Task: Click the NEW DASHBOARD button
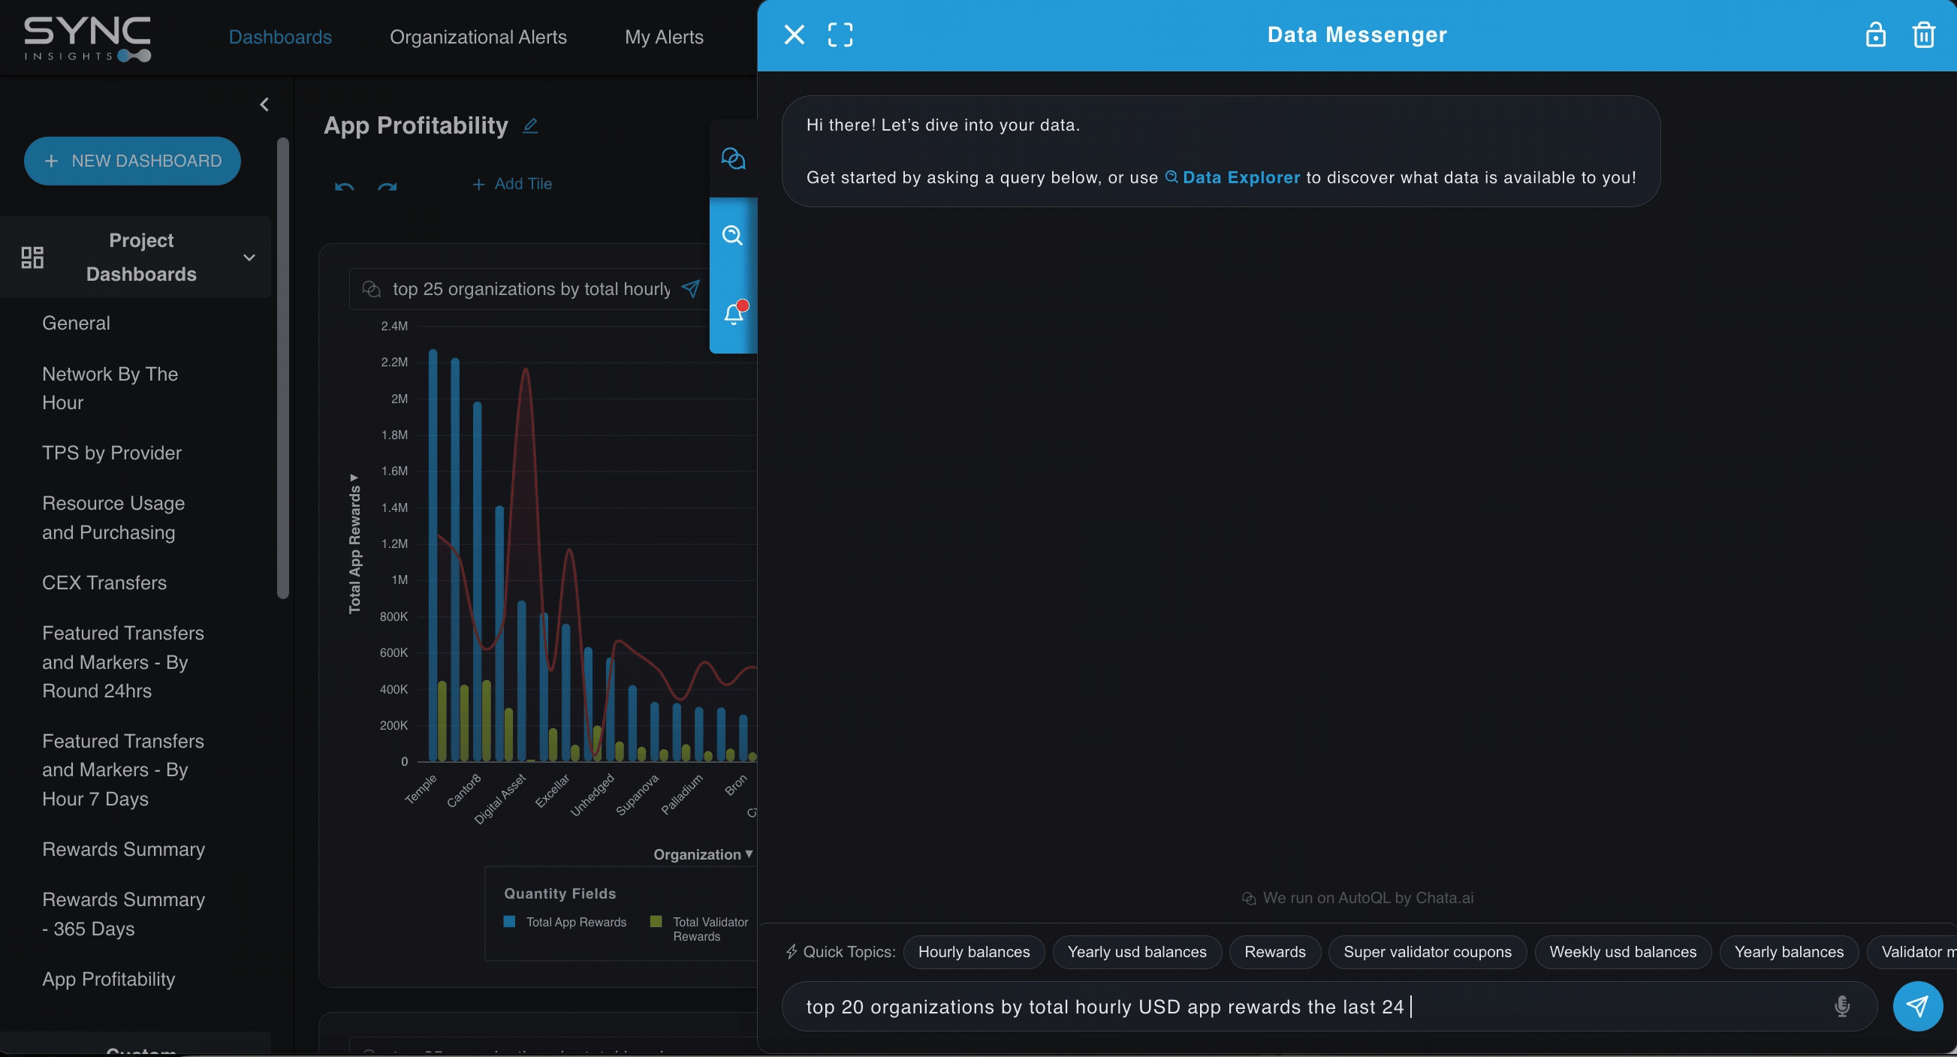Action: (132, 161)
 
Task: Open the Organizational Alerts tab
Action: (478, 38)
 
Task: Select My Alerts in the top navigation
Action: (663, 38)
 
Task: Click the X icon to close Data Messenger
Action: (794, 35)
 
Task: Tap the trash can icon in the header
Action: (1922, 35)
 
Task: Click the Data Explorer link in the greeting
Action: (1240, 178)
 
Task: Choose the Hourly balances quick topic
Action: (973, 952)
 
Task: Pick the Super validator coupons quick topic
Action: (1427, 952)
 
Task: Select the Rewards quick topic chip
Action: (1274, 952)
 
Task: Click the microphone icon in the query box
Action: (1841, 1007)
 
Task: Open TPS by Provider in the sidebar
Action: (112, 453)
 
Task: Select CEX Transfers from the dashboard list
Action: (104, 583)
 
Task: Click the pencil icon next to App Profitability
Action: (530, 126)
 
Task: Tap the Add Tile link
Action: (513, 185)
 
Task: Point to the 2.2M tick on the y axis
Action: (394, 362)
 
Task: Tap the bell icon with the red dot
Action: (733, 314)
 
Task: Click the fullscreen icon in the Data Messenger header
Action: (840, 35)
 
